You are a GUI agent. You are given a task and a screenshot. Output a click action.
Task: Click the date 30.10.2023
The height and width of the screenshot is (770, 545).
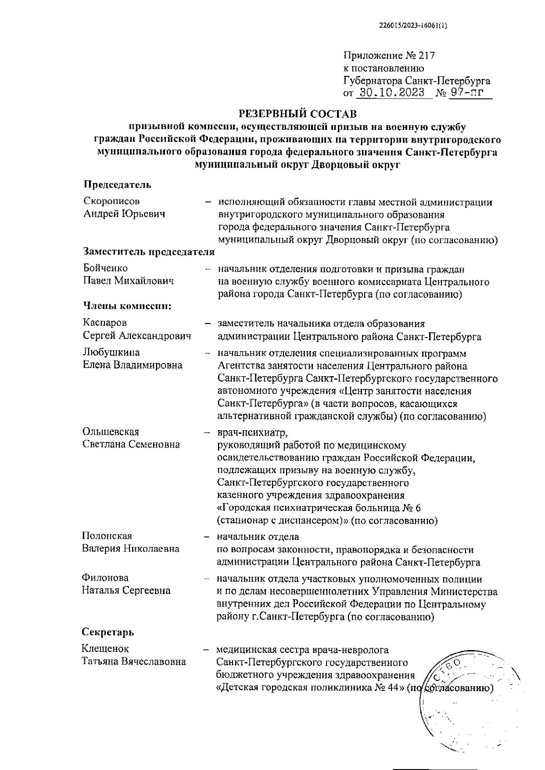click(392, 93)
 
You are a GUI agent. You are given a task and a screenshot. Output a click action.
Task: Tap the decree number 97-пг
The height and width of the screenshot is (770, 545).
click(464, 93)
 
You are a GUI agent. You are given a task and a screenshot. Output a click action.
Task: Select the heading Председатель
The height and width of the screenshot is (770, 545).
click(117, 184)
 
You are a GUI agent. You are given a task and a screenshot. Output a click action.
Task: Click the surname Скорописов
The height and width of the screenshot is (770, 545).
click(111, 201)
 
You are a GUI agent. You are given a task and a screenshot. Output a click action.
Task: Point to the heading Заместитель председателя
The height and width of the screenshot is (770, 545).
click(149, 251)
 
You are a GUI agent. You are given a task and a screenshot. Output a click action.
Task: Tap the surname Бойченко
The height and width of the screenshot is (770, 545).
click(105, 268)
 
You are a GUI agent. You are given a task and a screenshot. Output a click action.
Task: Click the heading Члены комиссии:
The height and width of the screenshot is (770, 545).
click(127, 306)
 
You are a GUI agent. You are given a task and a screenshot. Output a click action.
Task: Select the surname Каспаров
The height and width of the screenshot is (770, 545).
click(105, 323)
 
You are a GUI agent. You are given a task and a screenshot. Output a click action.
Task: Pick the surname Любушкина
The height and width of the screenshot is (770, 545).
click(111, 352)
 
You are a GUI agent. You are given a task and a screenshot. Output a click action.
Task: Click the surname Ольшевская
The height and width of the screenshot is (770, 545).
click(111, 431)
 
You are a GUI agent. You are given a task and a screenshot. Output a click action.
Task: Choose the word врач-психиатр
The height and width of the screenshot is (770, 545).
click(253, 431)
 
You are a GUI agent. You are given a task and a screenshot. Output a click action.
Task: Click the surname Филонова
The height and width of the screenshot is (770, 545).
click(105, 578)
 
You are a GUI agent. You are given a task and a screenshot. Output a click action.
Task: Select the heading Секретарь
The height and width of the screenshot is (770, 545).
click(108, 632)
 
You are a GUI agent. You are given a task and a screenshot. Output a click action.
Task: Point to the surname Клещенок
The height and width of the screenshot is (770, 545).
click(105, 649)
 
